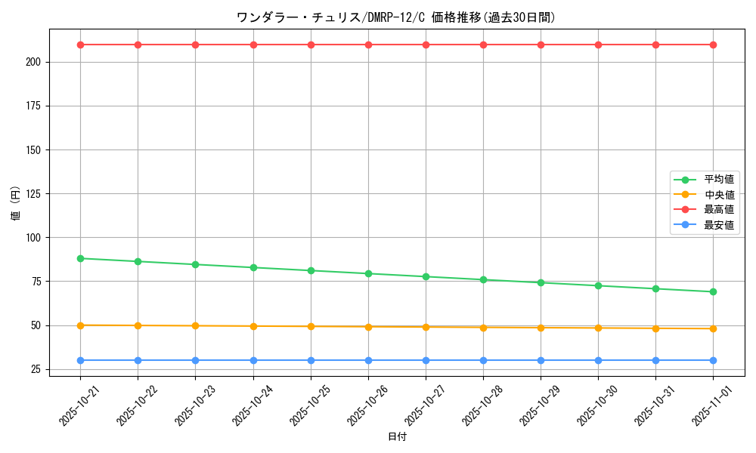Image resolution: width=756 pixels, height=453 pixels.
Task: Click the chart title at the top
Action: pyautogui.click(x=396, y=17)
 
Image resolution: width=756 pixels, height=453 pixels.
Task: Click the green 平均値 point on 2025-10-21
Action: pyautogui.click(x=80, y=258)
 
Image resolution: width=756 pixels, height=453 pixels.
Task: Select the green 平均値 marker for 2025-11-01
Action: pyautogui.click(x=713, y=291)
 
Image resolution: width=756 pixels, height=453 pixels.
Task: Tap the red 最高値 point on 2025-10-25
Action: pyautogui.click(x=311, y=45)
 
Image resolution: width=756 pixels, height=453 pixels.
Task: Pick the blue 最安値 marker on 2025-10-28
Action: pyautogui.click(x=483, y=360)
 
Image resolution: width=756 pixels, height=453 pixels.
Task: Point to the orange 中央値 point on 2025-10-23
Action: pyautogui.click(x=195, y=325)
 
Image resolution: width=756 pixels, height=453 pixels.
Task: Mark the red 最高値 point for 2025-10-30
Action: pyautogui.click(x=598, y=45)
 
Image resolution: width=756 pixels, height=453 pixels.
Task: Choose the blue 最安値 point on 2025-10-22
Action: pyautogui.click(x=138, y=360)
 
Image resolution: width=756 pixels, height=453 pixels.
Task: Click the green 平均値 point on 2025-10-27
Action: pyautogui.click(x=426, y=276)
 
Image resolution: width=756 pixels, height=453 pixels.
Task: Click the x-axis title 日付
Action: pyautogui.click(x=397, y=437)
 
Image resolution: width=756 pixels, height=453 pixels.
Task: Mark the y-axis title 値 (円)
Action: pyautogui.click(x=15, y=204)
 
